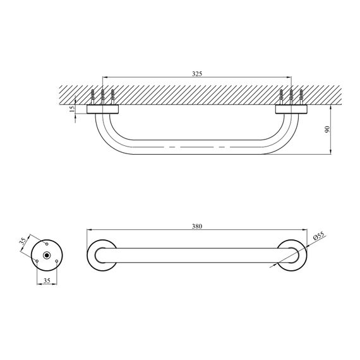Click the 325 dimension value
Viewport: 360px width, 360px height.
[196, 74]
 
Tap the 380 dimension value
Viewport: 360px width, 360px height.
[196, 228]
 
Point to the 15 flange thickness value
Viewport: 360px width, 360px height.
[72, 109]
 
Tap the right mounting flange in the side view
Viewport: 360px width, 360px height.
[291, 109]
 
